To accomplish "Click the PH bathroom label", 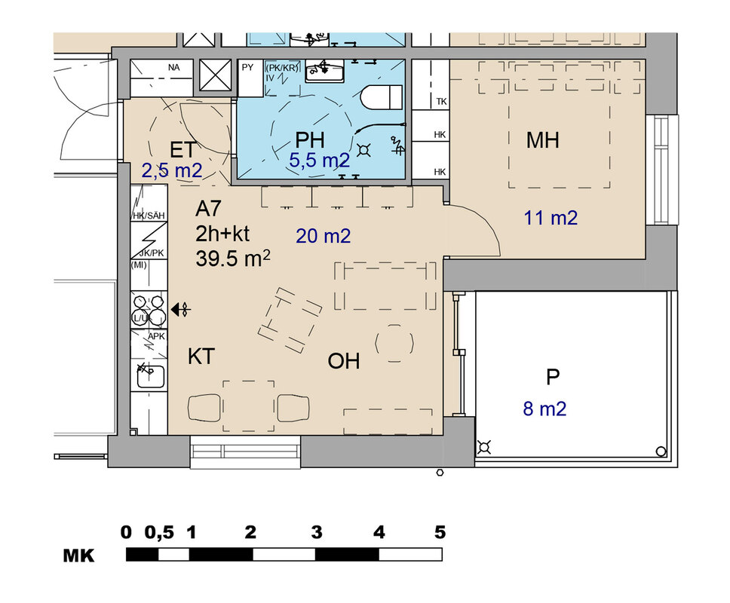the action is pyautogui.click(x=310, y=140).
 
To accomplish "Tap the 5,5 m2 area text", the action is pyautogui.click(x=320, y=161).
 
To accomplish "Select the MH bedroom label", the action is pyautogui.click(x=542, y=140).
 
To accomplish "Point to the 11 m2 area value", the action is pyautogui.click(x=551, y=218).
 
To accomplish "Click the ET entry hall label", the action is pyautogui.click(x=182, y=150).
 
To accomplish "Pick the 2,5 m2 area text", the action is pyautogui.click(x=172, y=171).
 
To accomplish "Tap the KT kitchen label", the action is pyautogui.click(x=201, y=357).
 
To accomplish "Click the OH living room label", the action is pyautogui.click(x=344, y=361).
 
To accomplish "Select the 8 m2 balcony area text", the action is pyautogui.click(x=544, y=409).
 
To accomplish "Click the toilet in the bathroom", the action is pyautogui.click(x=382, y=96).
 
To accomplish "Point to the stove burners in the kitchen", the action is pyautogui.click(x=149, y=309).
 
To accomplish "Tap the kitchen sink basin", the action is pyautogui.click(x=150, y=377).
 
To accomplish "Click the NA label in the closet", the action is pyautogui.click(x=173, y=68).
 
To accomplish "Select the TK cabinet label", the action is pyautogui.click(x=441, y=102).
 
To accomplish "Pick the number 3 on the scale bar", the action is pyautogui.click(x=317, y=532).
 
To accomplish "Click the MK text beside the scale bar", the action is pyautogui.click(x=78, y=556).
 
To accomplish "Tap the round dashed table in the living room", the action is pyautogui.click(x=394, y=344).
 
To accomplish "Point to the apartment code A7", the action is pyautogui.click(x=207, y=209).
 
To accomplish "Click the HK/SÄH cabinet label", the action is pyautogui.click(x=149, y=216).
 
